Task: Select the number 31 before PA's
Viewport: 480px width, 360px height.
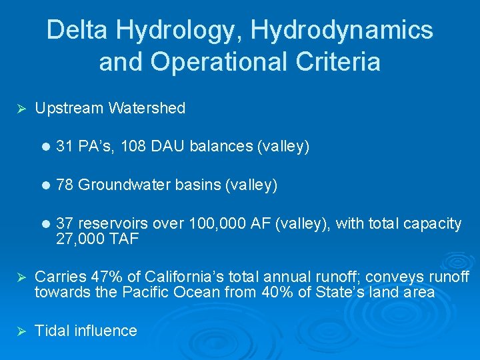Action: (x=65, y=147)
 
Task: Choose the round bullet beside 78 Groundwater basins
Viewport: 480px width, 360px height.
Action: (x=45, y=185)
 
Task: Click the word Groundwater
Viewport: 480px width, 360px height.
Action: (x=124, y=185)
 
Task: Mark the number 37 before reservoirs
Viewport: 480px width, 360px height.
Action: (x=65, y=224)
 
